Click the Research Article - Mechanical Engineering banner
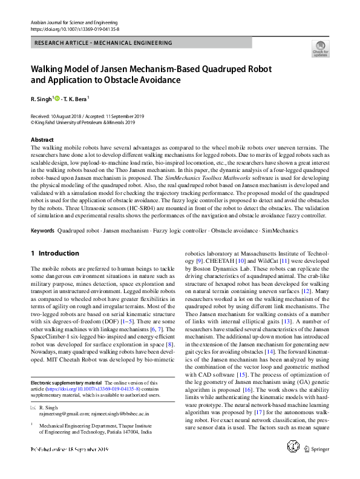[103, 43]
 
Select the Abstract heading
[42, 140]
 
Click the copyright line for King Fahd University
[82, 121]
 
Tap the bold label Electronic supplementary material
[65, 383]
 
